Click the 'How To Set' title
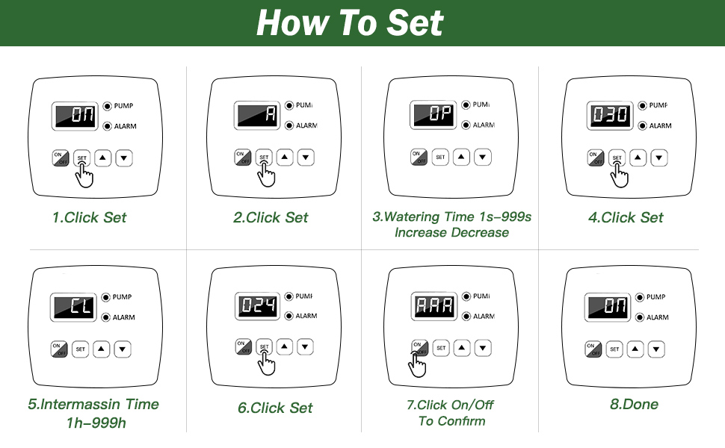pos(350,23)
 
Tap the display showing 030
pos(611,116)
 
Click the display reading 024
pos(259,306)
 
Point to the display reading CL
pos(73,307)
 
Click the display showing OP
pos(434,115)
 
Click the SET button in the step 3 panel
pos(440,158)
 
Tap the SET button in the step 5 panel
pos(81,349)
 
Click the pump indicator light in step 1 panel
pos(107,106)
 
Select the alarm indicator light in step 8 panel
pos(640,317)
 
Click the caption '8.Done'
pos(634,405)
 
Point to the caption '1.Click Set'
pos(90,218)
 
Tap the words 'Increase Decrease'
pos(451,233)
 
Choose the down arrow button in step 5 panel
pos(123,349)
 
